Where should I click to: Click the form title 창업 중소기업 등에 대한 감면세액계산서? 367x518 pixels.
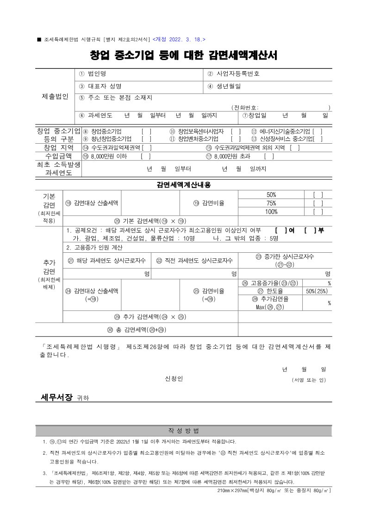[184, 55]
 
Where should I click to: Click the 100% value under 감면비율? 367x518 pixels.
[271, 212]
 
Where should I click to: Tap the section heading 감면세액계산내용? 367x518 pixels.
[184, 185]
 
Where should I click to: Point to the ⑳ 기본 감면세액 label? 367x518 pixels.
[150, 221]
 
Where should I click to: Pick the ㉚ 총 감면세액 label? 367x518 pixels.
[136, 329]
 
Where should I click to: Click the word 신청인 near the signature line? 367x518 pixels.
[174, 379]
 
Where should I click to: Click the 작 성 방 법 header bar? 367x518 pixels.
[184, 431]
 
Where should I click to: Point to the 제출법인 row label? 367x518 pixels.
[55, 97]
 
